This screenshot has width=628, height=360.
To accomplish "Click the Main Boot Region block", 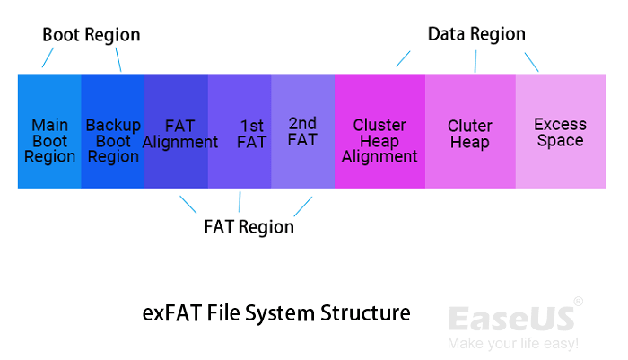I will click(49, 131).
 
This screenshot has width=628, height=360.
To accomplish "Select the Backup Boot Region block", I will click(113, 131).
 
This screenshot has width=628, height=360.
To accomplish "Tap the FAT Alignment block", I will click(177, 131).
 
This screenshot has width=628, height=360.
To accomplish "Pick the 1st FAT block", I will click(240, 131).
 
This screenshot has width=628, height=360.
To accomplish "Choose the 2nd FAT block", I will click(302, 131).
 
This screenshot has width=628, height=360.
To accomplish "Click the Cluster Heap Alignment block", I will click(379, 131).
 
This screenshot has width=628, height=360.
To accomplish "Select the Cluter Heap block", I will click(470, 131).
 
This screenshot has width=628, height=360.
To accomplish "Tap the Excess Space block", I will click(560, 131).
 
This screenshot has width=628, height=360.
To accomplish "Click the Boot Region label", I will click(92, 35).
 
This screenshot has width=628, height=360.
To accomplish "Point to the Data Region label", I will click(476, 34).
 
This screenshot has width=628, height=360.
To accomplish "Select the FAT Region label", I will click(249, 226).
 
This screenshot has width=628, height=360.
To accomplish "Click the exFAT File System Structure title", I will click(276, 313).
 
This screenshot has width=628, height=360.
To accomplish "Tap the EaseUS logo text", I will click(510, 319).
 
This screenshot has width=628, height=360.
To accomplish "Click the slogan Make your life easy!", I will click(512, 344).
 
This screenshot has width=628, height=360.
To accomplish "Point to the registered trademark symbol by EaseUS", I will click(578, 301).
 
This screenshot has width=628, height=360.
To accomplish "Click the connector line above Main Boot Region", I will click(49, 57).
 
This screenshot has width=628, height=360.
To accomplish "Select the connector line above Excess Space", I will click(531, 61).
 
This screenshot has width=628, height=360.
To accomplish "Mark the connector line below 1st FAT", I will click(240, 201).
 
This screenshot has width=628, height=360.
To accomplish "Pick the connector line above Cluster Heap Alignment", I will click(404, 58).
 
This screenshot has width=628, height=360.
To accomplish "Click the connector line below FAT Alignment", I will click(188, 204).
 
